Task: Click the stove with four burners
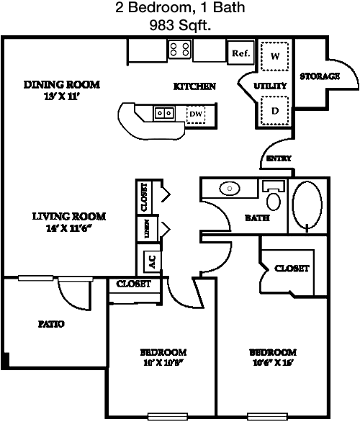click(x=180, y=49)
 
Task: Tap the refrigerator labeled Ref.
click(x=240, y=53)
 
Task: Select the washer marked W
click(x=275, y=56)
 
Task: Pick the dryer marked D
click(x=275, y=111)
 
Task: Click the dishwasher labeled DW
click(x=196, y=114)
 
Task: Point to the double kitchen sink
click(x=164, y=113)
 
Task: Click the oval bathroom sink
click(x=230, y=189)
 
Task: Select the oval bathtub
click(x=307, y=205)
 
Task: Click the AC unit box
click(x=152, y=261)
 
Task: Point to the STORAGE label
click(x=320, y=76)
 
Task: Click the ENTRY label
click(x=279, y=158)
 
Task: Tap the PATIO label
click(x=51, y=324)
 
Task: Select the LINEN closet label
click(x=147, y=229)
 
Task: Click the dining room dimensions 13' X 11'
click(x=61, y=96)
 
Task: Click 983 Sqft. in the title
click(x=180, y=26)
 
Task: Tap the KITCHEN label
click(x=194, y=86)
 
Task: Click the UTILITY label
click(x=270, y=86)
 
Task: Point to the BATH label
click(x=257, y=217)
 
